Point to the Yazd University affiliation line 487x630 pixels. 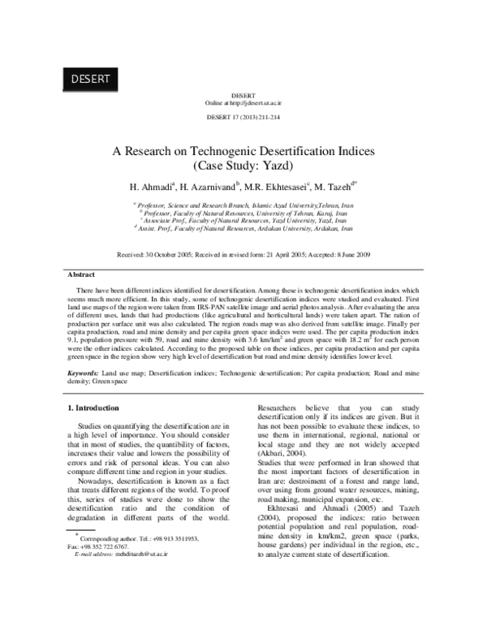point(243,220)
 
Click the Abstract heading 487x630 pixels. point(81,275)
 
